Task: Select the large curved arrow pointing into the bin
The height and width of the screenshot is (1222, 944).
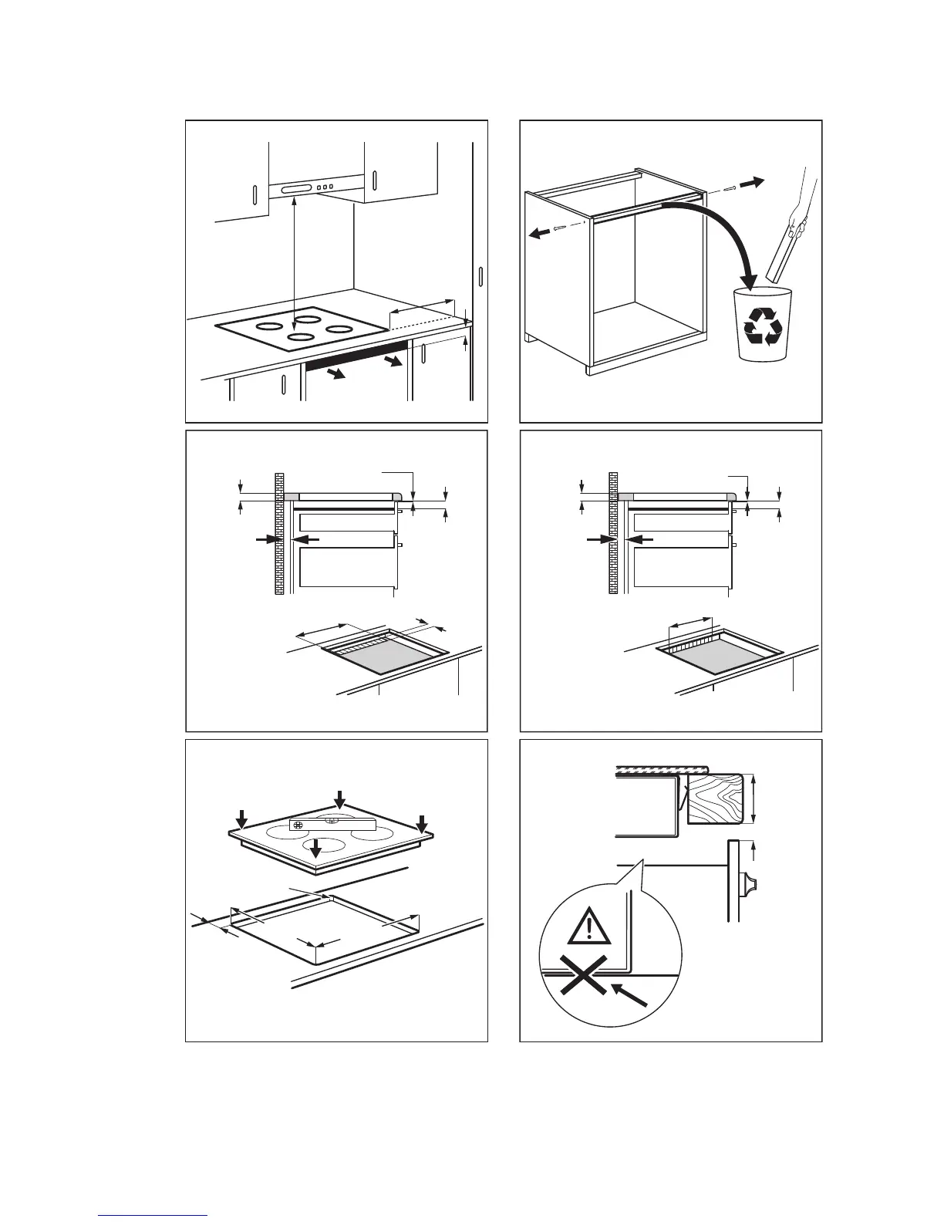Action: tap(710, 231)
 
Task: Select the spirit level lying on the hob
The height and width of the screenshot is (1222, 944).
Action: tap(332, 825)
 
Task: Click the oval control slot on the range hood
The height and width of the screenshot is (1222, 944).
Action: tap(296, 187)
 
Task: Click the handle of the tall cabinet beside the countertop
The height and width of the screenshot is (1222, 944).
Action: tap(480, 277)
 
